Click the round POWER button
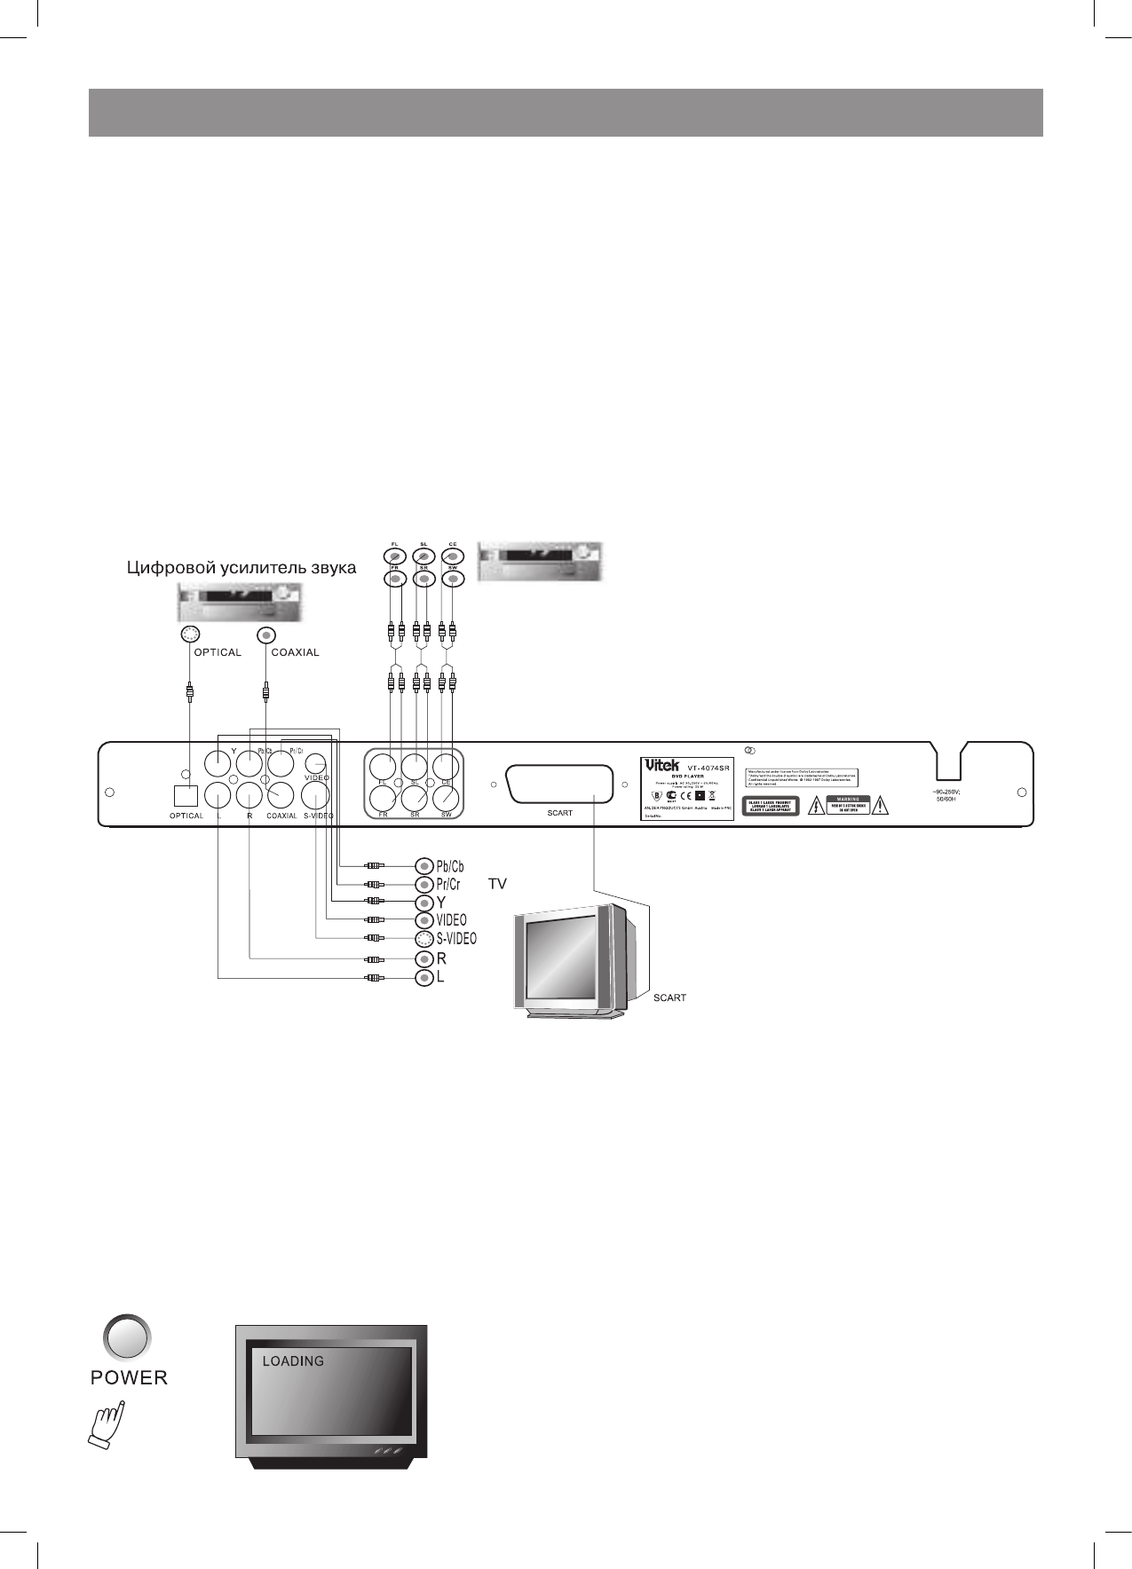pyautogui.click(x=128, y=1336)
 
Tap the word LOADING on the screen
pyautogui.click(x=293, y=1360)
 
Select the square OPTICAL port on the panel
pyautogui.click(x=186, y=796)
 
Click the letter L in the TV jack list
pyautogui.click(x=439, y=978)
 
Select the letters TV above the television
pyautogui.click(x=497, y=885)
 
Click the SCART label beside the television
pyautogui.click(x=669, y=997)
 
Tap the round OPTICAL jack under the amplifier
pyautogui.click(x=189, y=635)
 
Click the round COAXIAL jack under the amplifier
pyautogui.click(x=266, y=635)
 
